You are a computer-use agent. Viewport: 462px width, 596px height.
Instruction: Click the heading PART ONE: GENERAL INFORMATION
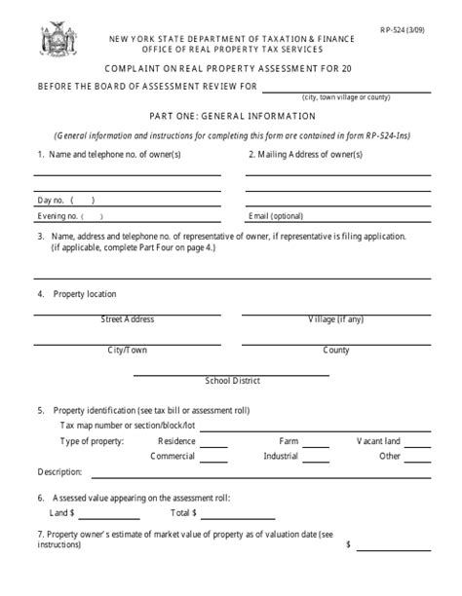click(232, 115)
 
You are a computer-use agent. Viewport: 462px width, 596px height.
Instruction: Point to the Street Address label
click(127, 319)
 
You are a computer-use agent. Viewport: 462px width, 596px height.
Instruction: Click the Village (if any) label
click(336, 319)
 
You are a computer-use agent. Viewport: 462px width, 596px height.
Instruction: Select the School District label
click(230, 381)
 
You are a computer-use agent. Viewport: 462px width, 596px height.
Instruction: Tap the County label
click(336, 351)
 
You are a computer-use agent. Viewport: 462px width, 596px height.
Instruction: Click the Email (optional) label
click(276, 215)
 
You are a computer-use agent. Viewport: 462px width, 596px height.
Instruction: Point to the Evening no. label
click(57, 215)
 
